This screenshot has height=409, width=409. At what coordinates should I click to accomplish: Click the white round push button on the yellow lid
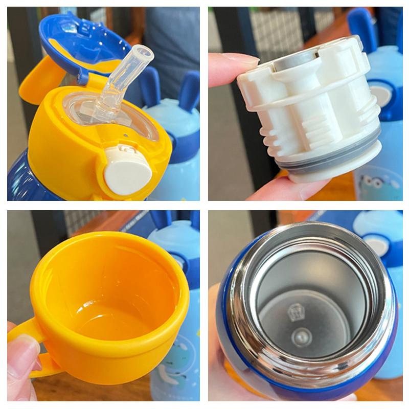coord(128,173)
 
